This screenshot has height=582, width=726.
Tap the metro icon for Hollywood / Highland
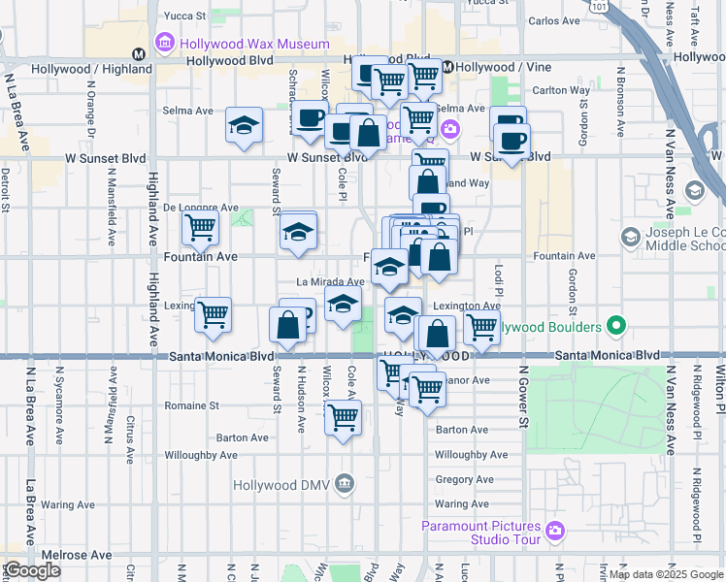(x=140, y=55)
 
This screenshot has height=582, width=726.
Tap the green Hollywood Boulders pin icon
(x=614, y=326)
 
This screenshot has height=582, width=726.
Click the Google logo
(x=32, y=571)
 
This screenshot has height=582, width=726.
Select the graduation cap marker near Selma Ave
(x=245, y=125)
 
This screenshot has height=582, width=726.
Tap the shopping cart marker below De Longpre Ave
(x=200, y=228)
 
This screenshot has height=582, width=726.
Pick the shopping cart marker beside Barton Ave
(x=343, y=418)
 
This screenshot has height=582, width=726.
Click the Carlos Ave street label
(x=554, y=20)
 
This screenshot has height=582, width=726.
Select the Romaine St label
(x=192, y=405)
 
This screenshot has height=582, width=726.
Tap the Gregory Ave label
(x=464, y=479)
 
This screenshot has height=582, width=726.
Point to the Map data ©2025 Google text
(x=665, y=573)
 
